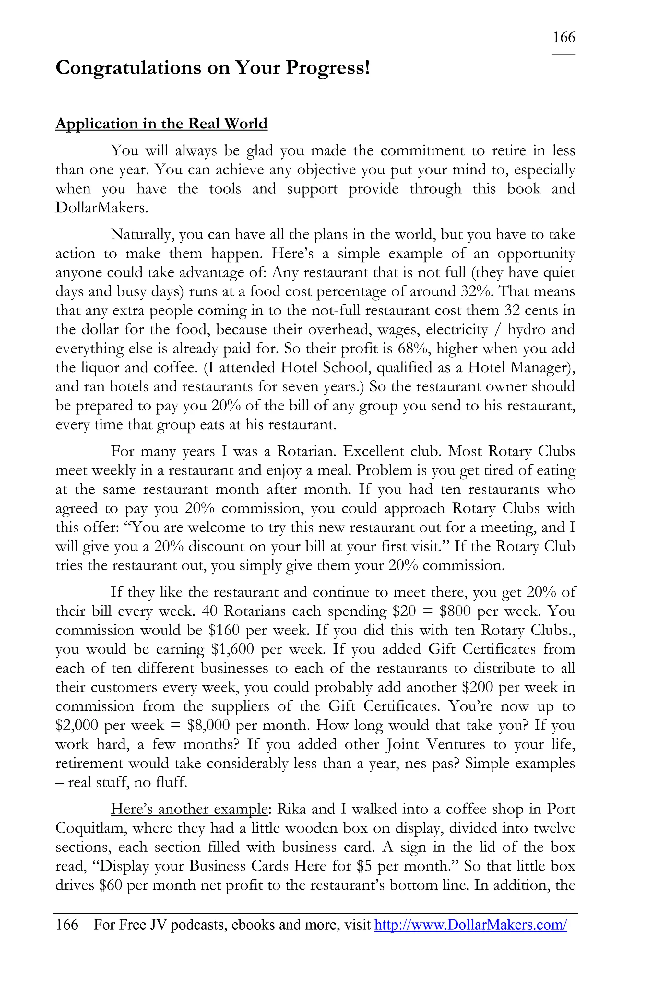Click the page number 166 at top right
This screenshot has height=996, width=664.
coord(563,38)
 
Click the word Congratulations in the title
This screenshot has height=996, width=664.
coord(128,68)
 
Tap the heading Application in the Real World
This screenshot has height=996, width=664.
coord(161,124)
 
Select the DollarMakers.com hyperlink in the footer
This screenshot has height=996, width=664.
coord(470,924)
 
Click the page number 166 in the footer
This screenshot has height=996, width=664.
coord(67,924)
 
